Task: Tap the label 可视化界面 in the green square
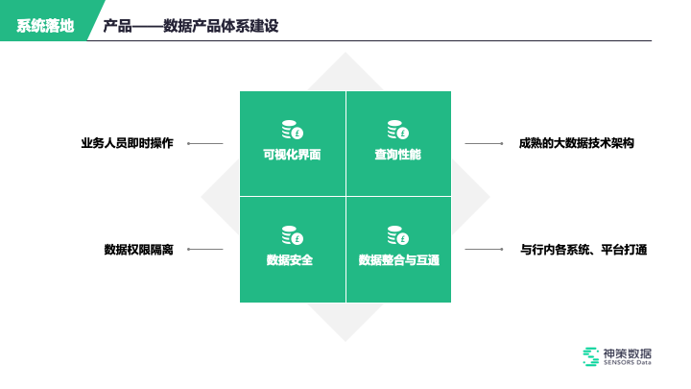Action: coord(292,155)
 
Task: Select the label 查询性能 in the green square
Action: coord(397,155)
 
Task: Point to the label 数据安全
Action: coord(292,260)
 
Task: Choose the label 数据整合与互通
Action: coord(397,260)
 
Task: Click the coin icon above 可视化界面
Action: coord(292,130)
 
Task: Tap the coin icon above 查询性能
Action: coord(397,130)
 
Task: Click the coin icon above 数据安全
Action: coord(292,235)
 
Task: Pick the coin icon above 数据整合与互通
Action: coord(397,235)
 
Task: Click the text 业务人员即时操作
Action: coord(127,144)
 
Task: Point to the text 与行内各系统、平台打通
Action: coord(584,250)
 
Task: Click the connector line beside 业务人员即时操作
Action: coord(205,144)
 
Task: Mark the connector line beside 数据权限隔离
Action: coord(205,250)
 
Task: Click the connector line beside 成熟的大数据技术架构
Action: coord(485,144)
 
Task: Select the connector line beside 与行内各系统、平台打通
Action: coord(485,250)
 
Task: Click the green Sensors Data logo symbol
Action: coord(590,355)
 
